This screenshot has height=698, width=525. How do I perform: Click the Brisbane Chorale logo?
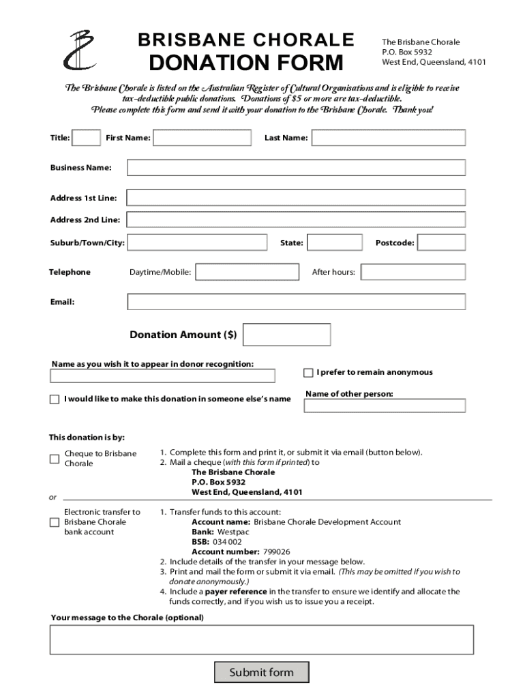tap(81, 50)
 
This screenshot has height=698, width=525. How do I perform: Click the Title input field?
tap(86, 138)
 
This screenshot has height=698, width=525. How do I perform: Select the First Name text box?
tap(201, 138)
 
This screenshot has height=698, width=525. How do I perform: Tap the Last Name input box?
tap(389, 138)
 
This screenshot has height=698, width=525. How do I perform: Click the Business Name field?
tap(296, 168)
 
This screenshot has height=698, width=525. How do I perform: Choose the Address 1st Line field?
tap(296, 198)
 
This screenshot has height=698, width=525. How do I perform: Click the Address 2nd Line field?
tap(296, 219)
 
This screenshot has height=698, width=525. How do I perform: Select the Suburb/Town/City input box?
tap(197, 243)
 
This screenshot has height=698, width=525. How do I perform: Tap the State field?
tap(333, 243)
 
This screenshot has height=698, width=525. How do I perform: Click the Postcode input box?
tap(441, 243)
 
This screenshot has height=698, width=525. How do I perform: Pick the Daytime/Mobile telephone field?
tap(247, 272)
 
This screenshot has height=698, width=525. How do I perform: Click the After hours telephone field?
tap(413, 272)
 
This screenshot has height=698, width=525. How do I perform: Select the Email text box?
tap(296, 301)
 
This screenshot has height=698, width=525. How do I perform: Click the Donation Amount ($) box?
tap(286, 335)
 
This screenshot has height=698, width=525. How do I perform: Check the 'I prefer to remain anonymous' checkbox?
tap(308, 373)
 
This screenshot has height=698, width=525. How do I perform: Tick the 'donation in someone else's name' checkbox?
tap(55, 399)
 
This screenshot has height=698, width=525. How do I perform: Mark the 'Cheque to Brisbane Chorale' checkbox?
tap(55, 459)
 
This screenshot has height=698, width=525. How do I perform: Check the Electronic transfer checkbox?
tap(55, 522)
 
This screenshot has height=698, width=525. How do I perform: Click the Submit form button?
tap(261, 673)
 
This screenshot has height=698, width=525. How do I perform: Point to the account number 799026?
tap(275, 551)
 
